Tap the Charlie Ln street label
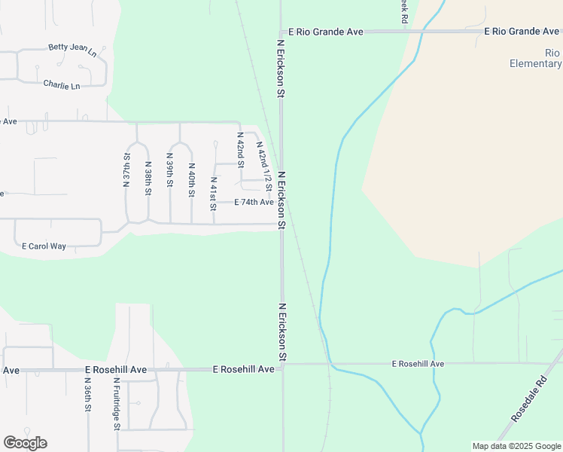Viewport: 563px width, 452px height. (62, 85)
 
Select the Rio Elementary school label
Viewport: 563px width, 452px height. (535, 58)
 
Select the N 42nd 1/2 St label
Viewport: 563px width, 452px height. (263, 164)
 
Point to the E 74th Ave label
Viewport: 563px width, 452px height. (254, 203)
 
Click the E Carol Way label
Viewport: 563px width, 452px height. (44, 246)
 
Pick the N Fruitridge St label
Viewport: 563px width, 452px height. (117, 403)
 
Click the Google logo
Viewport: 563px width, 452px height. (25, 443)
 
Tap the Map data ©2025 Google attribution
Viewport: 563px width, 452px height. (516, 446)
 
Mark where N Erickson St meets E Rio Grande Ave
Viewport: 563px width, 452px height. (281, 32)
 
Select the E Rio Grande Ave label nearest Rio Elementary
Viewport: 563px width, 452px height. (522, 32)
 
